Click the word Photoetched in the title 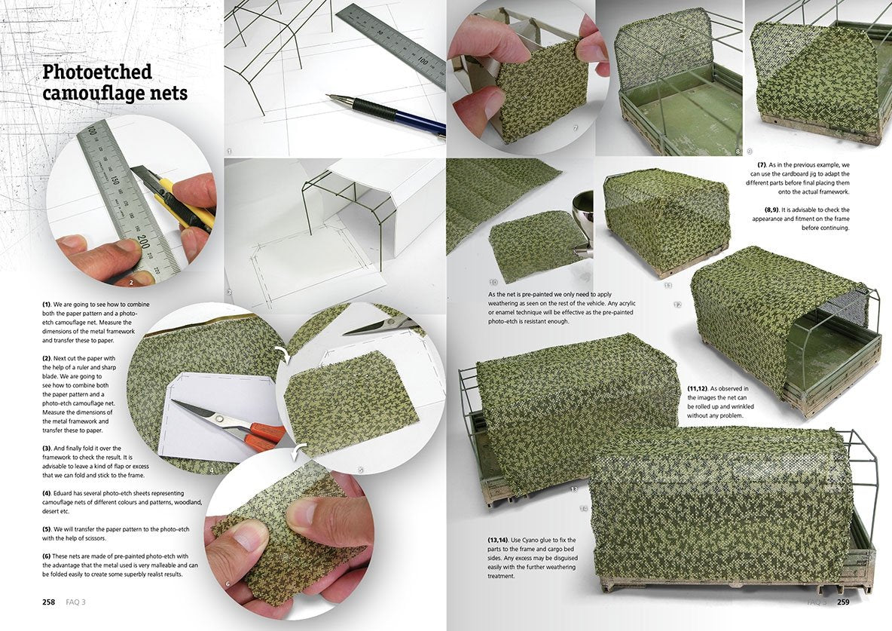97,73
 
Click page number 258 48,602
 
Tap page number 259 842,602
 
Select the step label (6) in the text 46,556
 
